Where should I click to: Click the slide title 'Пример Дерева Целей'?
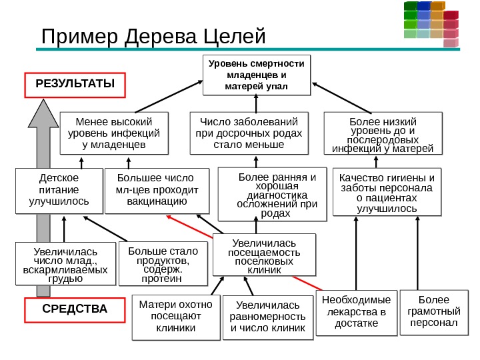(153, 36)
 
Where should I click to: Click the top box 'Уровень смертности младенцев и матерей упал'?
(256, 75)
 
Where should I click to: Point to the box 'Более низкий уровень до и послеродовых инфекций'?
(383, 135)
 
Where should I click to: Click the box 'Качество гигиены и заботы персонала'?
(387, 193)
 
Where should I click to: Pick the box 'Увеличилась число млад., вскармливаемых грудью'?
(65, 264)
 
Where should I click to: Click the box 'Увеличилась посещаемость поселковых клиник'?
(264, 254)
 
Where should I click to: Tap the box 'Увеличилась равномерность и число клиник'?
(267, 317)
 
